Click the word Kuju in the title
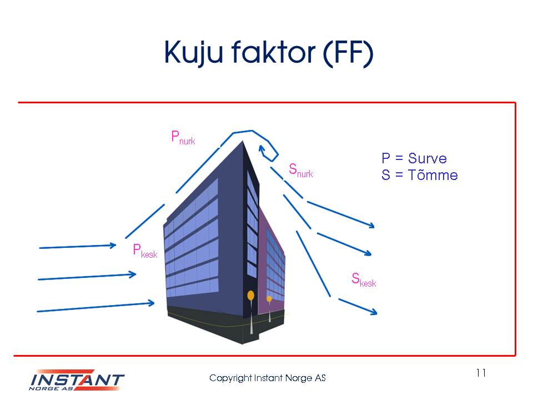193,53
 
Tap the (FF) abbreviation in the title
348,54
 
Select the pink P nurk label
183,138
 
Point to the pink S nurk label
301,171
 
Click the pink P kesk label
145,251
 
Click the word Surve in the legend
428,158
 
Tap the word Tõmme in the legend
433,175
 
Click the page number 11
481,373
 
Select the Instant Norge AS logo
77,380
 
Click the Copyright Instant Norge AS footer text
268,378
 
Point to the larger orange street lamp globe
250,295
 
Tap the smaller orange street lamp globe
269,299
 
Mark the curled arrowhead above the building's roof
262,150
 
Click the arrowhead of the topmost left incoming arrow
113,245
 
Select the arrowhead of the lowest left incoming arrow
151,302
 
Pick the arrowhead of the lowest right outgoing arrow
374,311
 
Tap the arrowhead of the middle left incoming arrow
133,274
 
